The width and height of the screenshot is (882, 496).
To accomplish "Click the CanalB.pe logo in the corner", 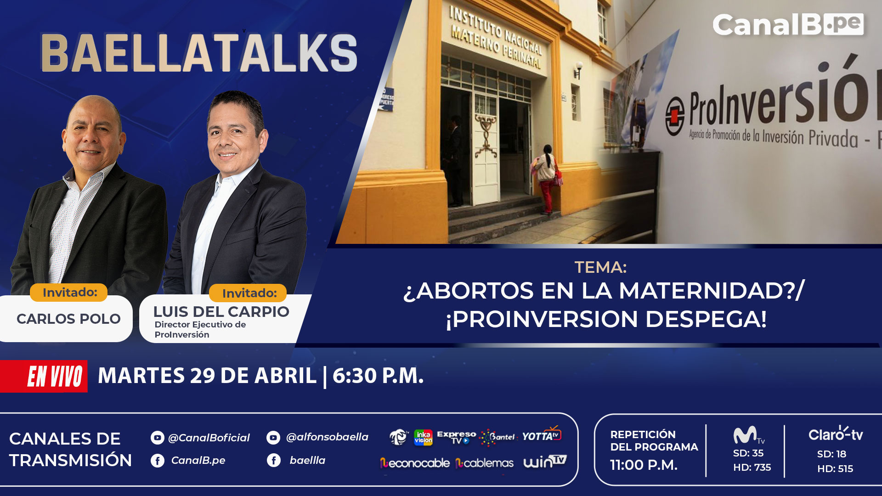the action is point(788,24).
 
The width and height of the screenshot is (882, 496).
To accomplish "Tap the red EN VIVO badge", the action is point(44,377).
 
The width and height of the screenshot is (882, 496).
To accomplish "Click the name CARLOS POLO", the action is point(68,319).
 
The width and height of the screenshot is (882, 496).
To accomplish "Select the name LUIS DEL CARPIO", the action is point(221,311).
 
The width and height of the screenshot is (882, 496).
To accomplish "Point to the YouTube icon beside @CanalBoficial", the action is point(157,438).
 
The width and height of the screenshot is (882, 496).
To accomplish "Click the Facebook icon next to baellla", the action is point(274,460).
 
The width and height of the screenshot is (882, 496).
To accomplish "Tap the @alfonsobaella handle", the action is point(327,437).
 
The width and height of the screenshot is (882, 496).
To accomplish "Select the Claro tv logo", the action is point(836,434).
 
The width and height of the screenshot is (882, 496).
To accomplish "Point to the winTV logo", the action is point(545,462).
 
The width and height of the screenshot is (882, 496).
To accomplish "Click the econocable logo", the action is point(414,463).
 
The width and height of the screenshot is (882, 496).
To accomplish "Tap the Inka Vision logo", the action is point(423,437).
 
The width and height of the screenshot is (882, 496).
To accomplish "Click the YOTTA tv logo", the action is point(542,435).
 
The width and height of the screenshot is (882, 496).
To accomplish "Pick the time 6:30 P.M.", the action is point(378,376).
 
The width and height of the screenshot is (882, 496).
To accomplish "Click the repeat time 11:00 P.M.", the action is point(644,465).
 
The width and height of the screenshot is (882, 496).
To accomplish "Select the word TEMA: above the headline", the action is point(600,267).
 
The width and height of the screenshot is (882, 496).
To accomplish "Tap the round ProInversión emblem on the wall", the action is point(675,116).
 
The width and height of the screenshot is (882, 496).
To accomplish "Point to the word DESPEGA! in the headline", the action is point(706,319).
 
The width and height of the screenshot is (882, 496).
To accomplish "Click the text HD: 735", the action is point(752,468).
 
